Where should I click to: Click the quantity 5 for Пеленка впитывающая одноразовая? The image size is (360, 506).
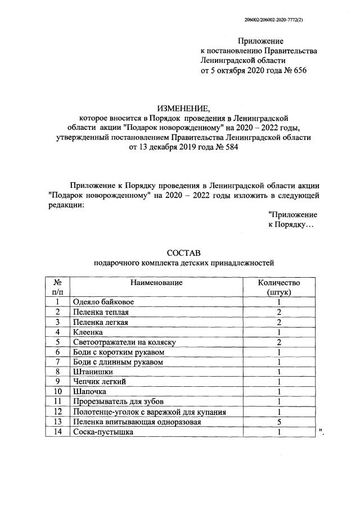pos(278,421)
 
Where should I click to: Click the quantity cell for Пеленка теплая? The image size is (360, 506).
pos(278,312)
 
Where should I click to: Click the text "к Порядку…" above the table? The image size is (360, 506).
pos(291,224)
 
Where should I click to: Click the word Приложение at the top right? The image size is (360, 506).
pos(260,40)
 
